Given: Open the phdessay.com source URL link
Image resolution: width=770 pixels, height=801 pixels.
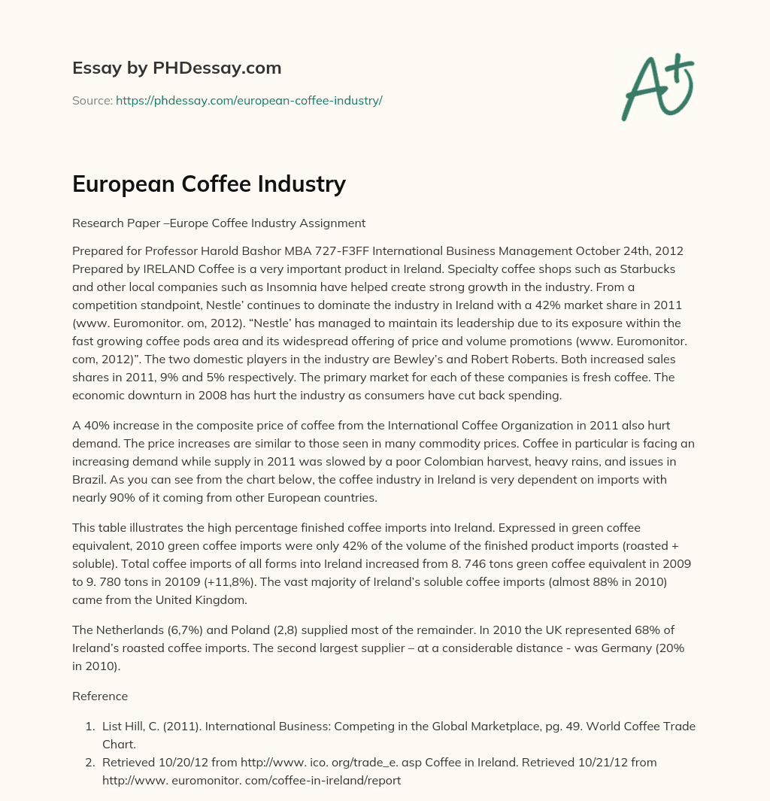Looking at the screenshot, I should tap(249, 100).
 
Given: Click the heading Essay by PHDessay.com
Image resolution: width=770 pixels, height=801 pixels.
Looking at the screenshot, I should tap(177, 68).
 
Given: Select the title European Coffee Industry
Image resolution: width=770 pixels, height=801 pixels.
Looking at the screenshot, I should tap(208, 184).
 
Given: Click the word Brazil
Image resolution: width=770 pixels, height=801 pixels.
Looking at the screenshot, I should tap(89, 479).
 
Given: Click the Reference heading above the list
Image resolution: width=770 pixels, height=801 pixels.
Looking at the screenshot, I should tap(100, 696).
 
